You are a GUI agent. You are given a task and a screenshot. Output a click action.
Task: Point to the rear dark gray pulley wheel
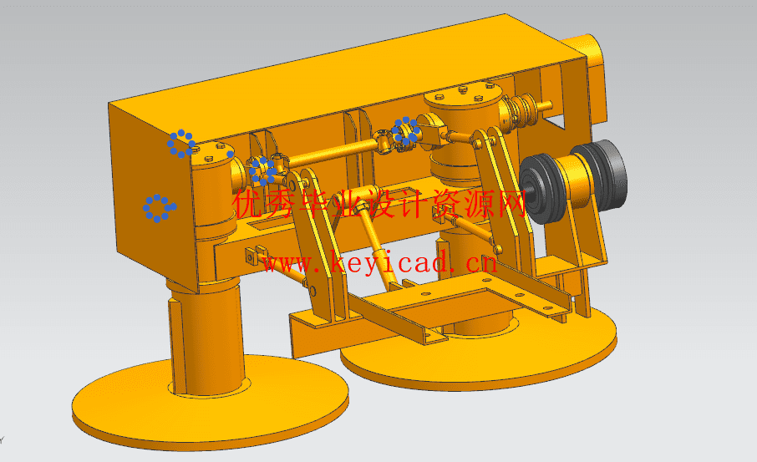pyautogui.click(x=603, y=173)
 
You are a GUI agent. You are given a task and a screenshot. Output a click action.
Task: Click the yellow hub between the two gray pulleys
pyautogui.click(x=575, y=181)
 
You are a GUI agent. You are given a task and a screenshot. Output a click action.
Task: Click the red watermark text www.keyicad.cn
pyautogui.click(x=380, y=264)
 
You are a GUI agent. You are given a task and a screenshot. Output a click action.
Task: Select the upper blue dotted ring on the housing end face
pyautogui.click(x=181, y=144)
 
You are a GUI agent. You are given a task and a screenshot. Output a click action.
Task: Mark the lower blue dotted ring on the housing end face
pyautogui.click(x=160, y=209)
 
